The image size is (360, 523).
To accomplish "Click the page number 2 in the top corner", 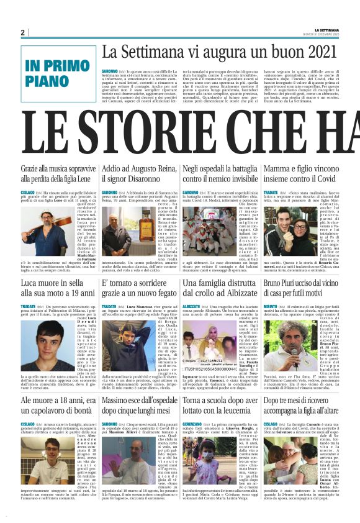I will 22,32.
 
